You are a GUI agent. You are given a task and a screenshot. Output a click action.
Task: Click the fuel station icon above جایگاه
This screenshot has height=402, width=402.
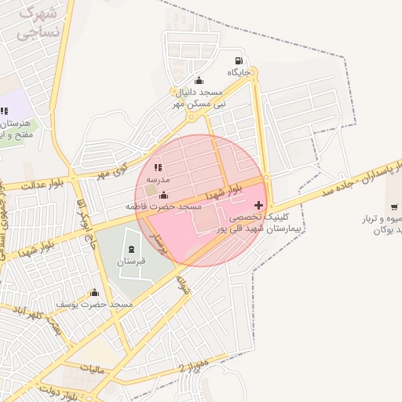point(239,61)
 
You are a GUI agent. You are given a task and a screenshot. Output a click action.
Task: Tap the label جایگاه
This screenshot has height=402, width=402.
point(239,72)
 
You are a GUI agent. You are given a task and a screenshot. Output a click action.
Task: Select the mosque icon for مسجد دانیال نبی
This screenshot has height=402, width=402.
point(198,80)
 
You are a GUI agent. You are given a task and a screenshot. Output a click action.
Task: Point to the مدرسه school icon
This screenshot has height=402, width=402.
point(157,167)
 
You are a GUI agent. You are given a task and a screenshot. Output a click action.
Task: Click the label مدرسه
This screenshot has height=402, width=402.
point(157,179)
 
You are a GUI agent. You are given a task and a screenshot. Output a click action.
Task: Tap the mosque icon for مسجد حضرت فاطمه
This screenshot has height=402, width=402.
point(163,196)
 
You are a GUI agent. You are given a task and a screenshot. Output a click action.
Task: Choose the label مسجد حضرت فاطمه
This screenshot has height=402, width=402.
point(164,206)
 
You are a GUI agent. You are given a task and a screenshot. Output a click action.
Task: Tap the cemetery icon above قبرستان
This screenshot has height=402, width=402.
point(130,251)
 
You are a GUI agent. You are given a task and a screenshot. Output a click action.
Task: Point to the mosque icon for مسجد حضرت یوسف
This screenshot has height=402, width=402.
point(95,293)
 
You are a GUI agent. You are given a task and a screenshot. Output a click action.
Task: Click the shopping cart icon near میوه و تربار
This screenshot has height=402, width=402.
point(393,206)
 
